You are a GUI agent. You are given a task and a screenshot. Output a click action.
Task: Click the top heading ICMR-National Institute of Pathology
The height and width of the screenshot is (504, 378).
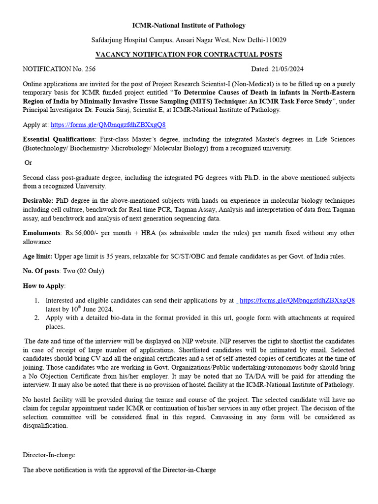(189, 25)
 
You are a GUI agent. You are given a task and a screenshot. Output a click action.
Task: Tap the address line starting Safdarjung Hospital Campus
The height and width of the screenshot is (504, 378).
(189, 39)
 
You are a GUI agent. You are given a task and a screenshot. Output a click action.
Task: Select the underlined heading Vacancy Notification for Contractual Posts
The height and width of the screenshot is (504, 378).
(189, 54)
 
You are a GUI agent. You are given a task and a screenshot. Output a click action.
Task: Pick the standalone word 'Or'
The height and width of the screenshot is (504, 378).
(28, 162)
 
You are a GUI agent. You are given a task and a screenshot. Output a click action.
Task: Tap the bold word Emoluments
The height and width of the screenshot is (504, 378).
(41, 233)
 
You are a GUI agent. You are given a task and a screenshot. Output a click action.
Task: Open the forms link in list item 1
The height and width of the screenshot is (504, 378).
(297, 300)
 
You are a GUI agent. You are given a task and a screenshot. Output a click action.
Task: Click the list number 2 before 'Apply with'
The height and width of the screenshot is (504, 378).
(37, 318)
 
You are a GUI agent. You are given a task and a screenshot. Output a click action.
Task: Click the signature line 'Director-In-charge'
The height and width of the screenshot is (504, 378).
(49, 455)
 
